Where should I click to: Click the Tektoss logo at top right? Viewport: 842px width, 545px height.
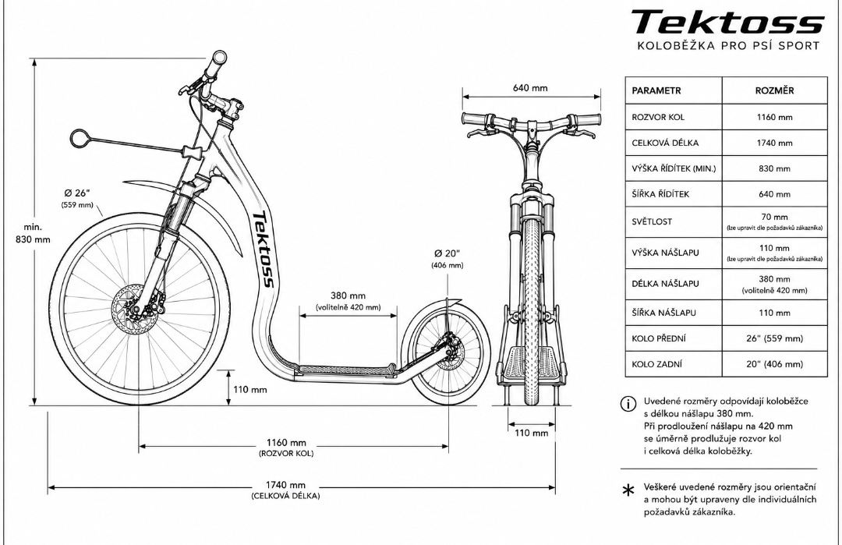(x=727, y=23)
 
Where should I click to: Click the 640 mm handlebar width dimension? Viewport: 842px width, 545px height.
(x=530, y=87)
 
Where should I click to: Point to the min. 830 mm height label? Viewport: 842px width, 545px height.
(x=34, y=233)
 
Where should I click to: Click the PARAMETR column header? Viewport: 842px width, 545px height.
(x=656, y=90)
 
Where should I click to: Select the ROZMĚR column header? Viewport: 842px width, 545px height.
(x=774, y=90)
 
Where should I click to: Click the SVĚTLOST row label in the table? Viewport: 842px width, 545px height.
(x=652, y=221)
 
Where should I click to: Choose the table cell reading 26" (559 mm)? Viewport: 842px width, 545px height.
(x=774, y=338)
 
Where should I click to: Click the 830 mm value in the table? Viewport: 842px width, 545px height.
(x=774, y=168)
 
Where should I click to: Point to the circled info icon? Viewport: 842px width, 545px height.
(x=628, y=404)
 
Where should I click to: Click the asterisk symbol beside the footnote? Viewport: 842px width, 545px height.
(x=628, y=490)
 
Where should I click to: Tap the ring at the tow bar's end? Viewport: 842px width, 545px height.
(x=80, y=138)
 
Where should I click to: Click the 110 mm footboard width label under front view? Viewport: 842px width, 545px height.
(x=531, y=433)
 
